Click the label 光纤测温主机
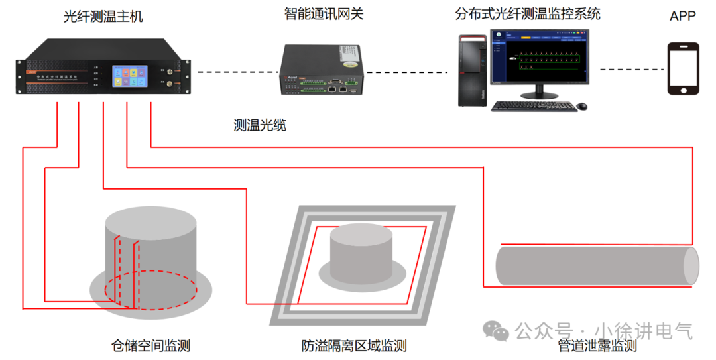[x=103, y=17]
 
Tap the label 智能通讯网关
[x=324, y=13]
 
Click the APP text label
[x=682, y=16]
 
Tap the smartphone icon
[x=682, y=68]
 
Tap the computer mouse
[x=581, y=106]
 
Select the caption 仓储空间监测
[x=150, y=345]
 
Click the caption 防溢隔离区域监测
[x=354, y=345]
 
